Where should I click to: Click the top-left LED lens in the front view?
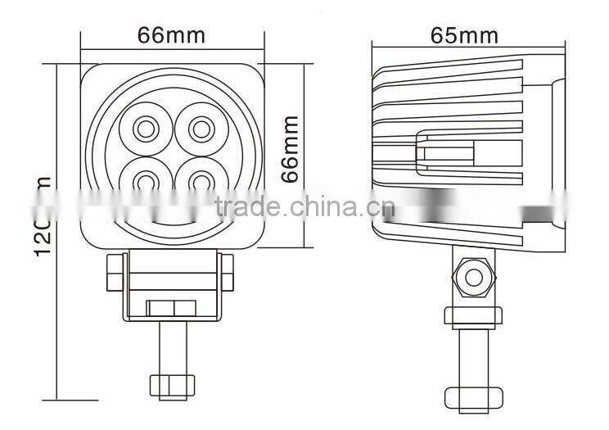(x=145, y=128)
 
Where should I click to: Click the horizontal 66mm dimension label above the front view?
(x=171, y=35)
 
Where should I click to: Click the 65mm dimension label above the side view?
(x=464, y=35)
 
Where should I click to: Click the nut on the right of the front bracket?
(x=227, y=273)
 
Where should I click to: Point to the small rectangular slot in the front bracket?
(x=171, y=308)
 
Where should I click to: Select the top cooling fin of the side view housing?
(x=458, y=68)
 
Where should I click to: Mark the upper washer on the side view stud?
(x=472, y=315)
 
